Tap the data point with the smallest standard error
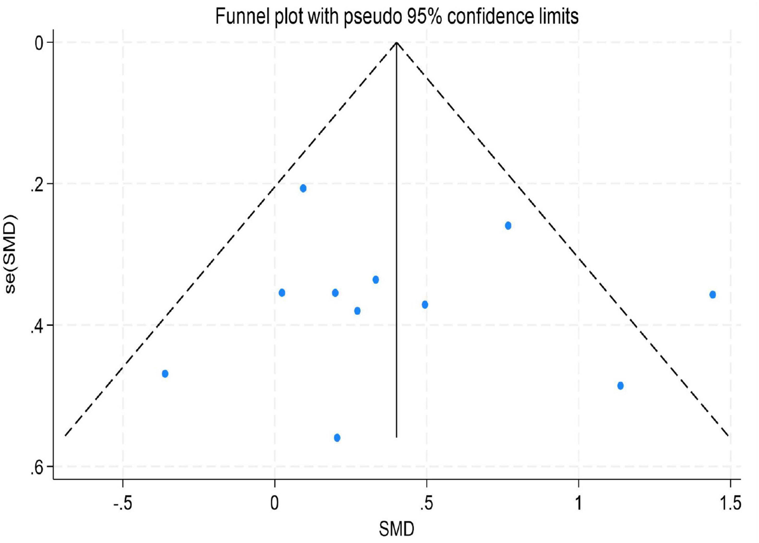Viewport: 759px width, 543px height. (303, 188)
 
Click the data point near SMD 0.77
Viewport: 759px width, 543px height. (508, 225)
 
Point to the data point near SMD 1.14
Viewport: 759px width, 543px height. (620, 385)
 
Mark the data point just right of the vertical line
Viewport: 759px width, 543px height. (425, 305)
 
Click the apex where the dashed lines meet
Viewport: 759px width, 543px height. (396, 43)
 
